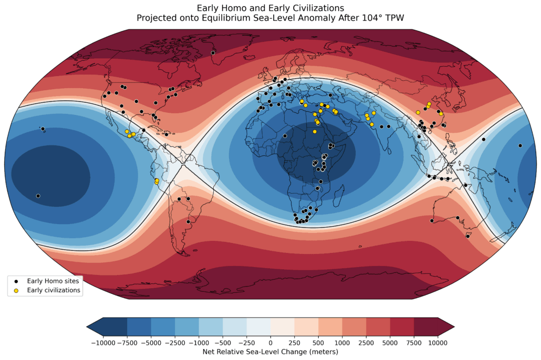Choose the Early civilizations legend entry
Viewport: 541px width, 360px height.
point(53,290)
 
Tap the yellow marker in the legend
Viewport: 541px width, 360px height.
point(16,290)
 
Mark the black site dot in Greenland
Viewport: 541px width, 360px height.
point(213,53)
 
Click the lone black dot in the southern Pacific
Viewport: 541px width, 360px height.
point(38,196)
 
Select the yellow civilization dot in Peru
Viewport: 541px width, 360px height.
point(157,181)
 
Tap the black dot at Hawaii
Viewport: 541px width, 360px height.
point(43,129)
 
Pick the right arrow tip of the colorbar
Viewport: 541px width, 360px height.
point(453,326)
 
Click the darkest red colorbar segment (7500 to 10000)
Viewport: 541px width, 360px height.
point(426,326)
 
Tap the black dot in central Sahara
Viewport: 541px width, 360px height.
point(284,136)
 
